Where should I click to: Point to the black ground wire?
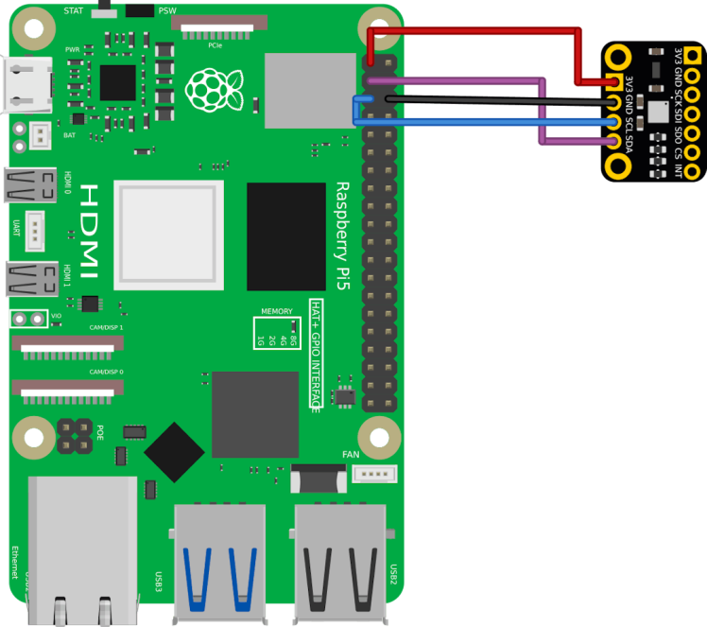(491, 96)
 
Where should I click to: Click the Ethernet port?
(83, 549)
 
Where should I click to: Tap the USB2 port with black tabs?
(340, 562)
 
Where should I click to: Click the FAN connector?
(374, 474)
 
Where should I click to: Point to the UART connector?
(35, 231)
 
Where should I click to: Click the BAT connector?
(41, 135)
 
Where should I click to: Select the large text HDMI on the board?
(88, 232)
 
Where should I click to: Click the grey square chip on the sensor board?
(656, 111)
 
